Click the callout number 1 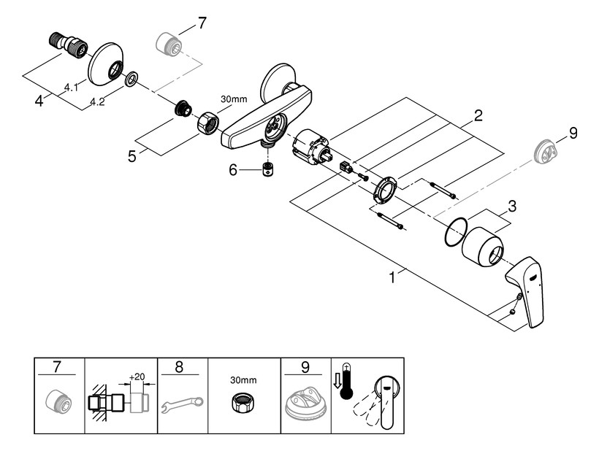(x=392, y=278)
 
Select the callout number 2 (x=478, y=115)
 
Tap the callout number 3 (x=512, y=207)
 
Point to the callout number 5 (x=132, y=156)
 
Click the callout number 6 (x=233, y=170)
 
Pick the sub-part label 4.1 (x=71, y=88)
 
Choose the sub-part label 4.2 (x=97, y=102)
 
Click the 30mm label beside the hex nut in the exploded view (x=234, y=99)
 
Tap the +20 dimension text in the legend (x=137, y=377)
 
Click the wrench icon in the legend (x=182, y=404)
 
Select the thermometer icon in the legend (x=347, y=381)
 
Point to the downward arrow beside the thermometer (x=337, y=381)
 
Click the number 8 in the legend (x=179, y=367)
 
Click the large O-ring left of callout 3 (x=456, y=232)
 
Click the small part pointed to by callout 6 (x=269, y=169)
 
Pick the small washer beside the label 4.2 (x=131, y=80)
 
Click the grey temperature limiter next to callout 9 (x=545, y=152)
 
